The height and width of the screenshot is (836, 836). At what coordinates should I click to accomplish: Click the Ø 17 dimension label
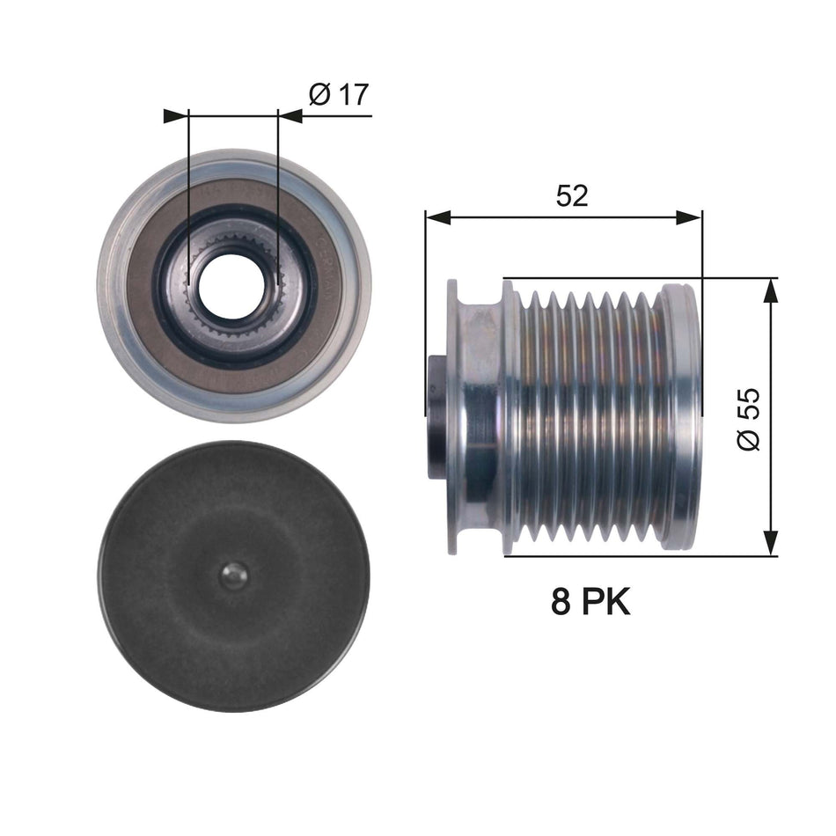click(339, 94)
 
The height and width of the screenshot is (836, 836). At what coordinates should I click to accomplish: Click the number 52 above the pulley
click(572, 195)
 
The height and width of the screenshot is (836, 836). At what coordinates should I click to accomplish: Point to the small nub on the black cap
click(233, 576)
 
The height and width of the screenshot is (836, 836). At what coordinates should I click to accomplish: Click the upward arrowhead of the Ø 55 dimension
click(771, 290)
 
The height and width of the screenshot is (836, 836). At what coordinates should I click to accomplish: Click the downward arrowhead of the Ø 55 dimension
click(771, 544)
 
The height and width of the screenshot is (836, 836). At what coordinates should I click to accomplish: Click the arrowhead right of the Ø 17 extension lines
click(290, 115)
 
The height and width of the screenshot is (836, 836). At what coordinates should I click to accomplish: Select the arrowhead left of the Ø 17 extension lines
click(177, 115)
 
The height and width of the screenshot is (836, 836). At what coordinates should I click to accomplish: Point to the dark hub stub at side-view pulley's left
click(436, 417)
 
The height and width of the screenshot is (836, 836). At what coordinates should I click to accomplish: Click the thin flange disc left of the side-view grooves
click(452, 417)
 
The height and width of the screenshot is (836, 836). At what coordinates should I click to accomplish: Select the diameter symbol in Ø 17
click(320, 94)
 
